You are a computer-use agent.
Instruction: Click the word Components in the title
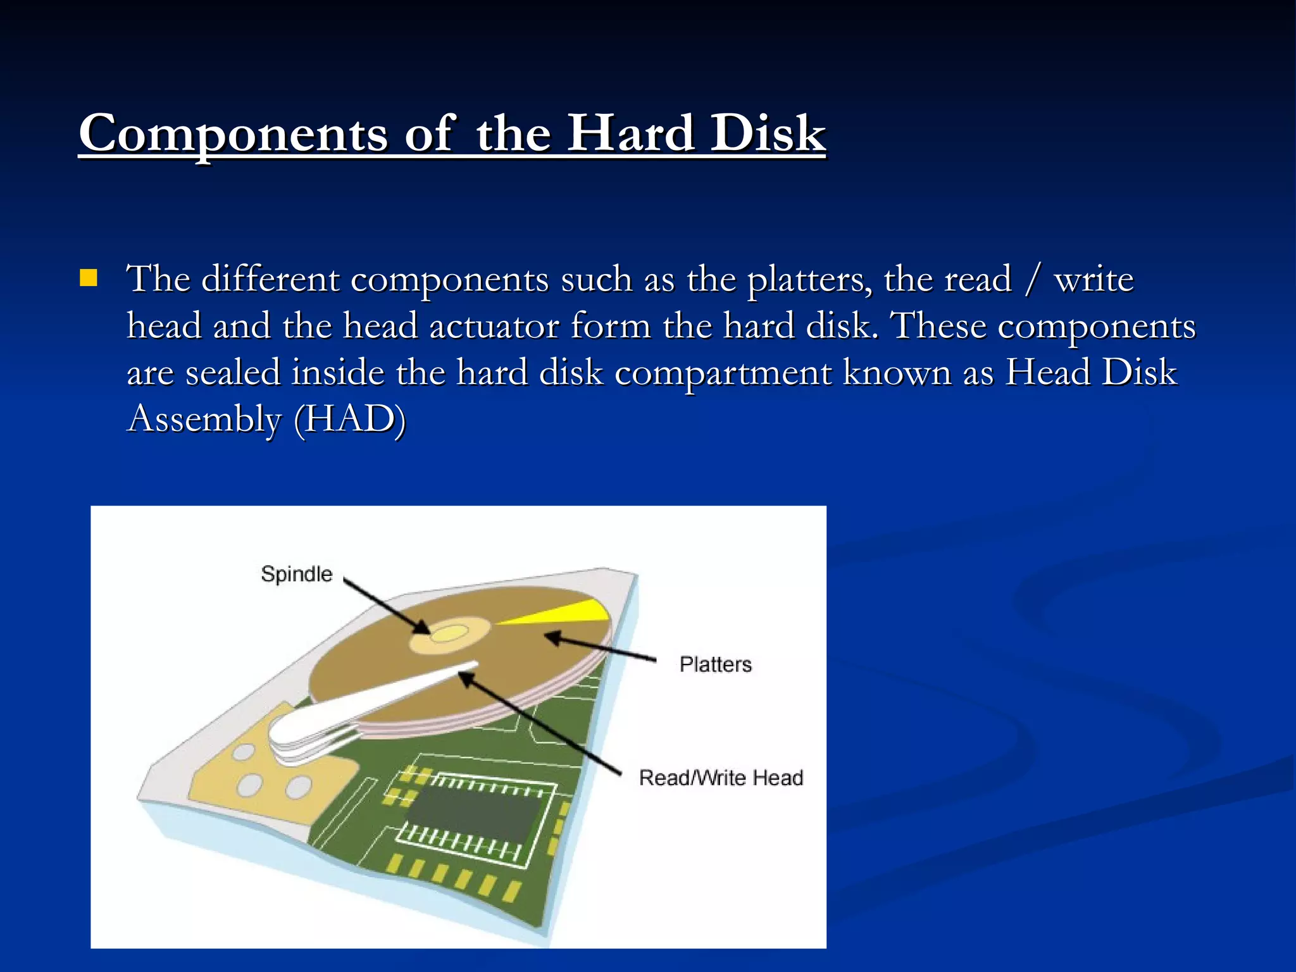coord(233,134)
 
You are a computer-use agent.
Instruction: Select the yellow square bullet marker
coord(89,278)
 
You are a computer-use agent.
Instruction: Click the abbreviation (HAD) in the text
coord(349,419)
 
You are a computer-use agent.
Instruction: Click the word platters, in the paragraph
coord(809,280)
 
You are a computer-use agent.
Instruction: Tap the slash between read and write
coord(1032,280)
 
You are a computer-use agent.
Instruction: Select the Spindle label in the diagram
coord(296,574)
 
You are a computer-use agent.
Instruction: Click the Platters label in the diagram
coord(715,664)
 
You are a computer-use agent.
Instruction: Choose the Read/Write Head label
coord(721,777)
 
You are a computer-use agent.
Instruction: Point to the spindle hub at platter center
coord(449,633)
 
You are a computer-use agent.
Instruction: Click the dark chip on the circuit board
coord(475,816)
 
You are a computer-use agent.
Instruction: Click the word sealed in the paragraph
coord(232,373)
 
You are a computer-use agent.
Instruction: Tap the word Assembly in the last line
coord(204,419)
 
